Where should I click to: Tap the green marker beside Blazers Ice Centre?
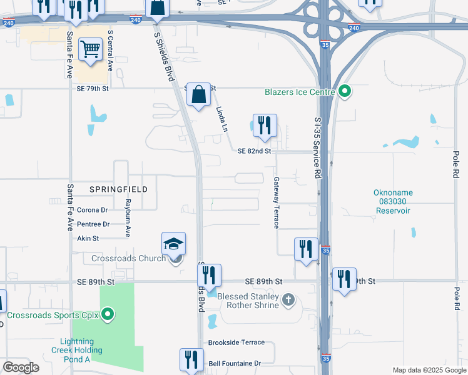[x=345, y=92]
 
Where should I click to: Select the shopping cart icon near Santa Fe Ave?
[x=91, y=49]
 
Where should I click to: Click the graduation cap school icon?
[x=174, y=244]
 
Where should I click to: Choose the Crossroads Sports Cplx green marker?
[x=108, y=314]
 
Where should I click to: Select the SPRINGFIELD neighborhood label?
[x=119, y=189]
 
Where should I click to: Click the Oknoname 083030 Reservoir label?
[x=392, y=201]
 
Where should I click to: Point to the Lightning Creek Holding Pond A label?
[x=77, y=350]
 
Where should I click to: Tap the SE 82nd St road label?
[x=255, y=151]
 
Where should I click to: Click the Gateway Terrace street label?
[x=276, y=202]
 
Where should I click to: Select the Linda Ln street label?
[x=221, y=119]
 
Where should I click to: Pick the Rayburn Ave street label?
[x=127, y=217]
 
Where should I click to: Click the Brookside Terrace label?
[x=237, y=343]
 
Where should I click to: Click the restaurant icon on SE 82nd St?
[x=265, y=126]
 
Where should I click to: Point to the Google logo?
[x=21, y=368]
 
